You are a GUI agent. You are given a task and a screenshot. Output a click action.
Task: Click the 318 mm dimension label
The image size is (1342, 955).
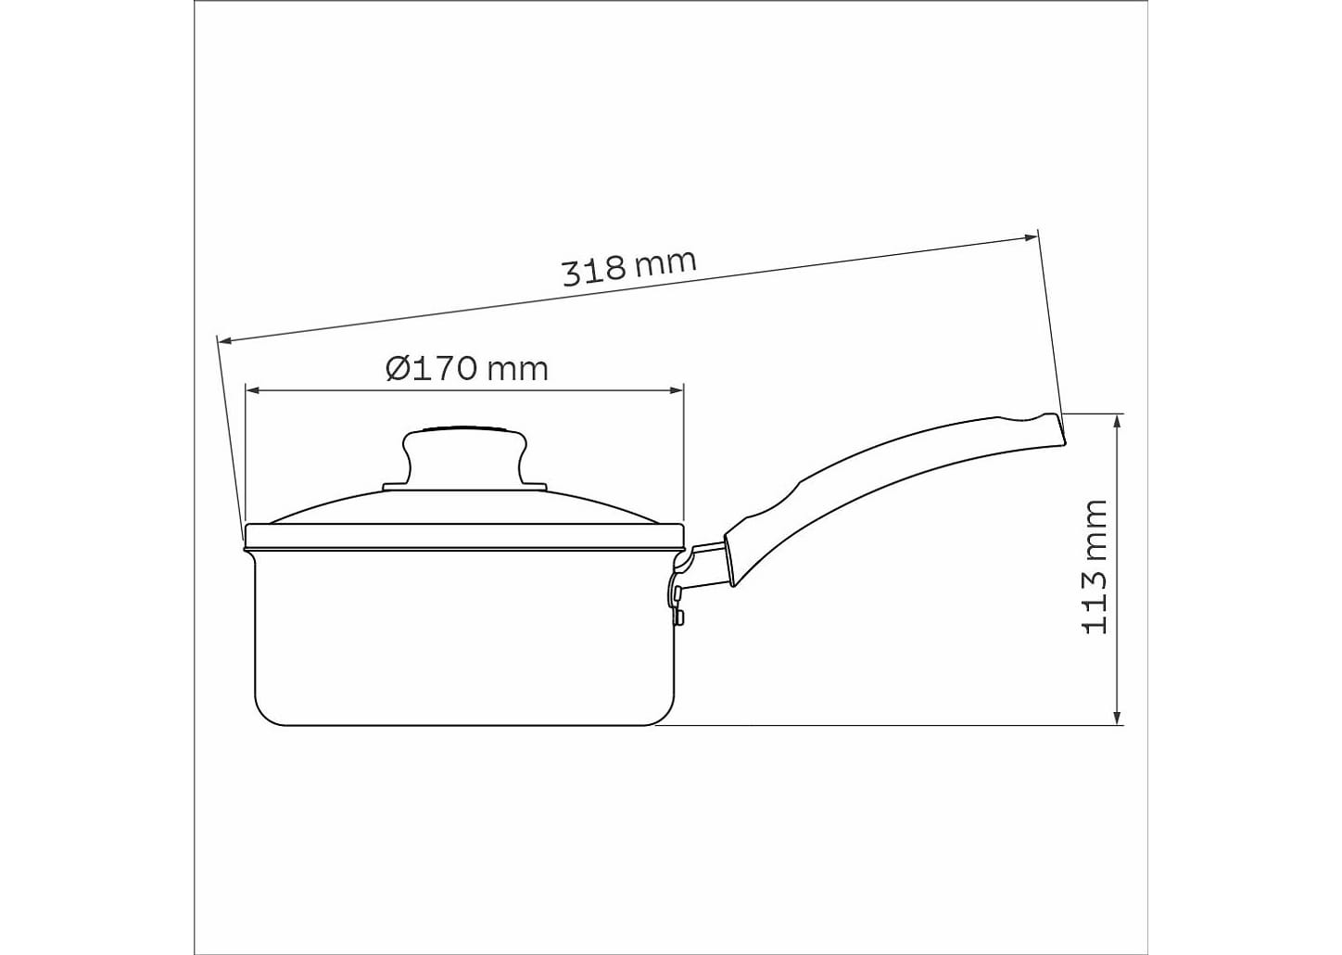(628, 267)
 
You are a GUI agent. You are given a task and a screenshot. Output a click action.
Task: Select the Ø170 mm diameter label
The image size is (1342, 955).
(467, 369)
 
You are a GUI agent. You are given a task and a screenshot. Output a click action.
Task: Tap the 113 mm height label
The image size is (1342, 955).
(1095, 567)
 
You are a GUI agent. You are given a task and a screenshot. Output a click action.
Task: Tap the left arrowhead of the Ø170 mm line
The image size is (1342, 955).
(250, 390)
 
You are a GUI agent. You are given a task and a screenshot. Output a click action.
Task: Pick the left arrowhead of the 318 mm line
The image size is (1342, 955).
(223, 340)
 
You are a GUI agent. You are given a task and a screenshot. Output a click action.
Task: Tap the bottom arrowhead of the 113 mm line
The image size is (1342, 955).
(1120, 718)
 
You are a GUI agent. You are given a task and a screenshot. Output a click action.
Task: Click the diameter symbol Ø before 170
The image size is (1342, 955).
(397, 369)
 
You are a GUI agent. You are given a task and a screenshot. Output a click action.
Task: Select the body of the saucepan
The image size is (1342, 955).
(463, 640)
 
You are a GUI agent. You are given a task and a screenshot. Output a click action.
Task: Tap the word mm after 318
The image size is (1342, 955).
(665, 262)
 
